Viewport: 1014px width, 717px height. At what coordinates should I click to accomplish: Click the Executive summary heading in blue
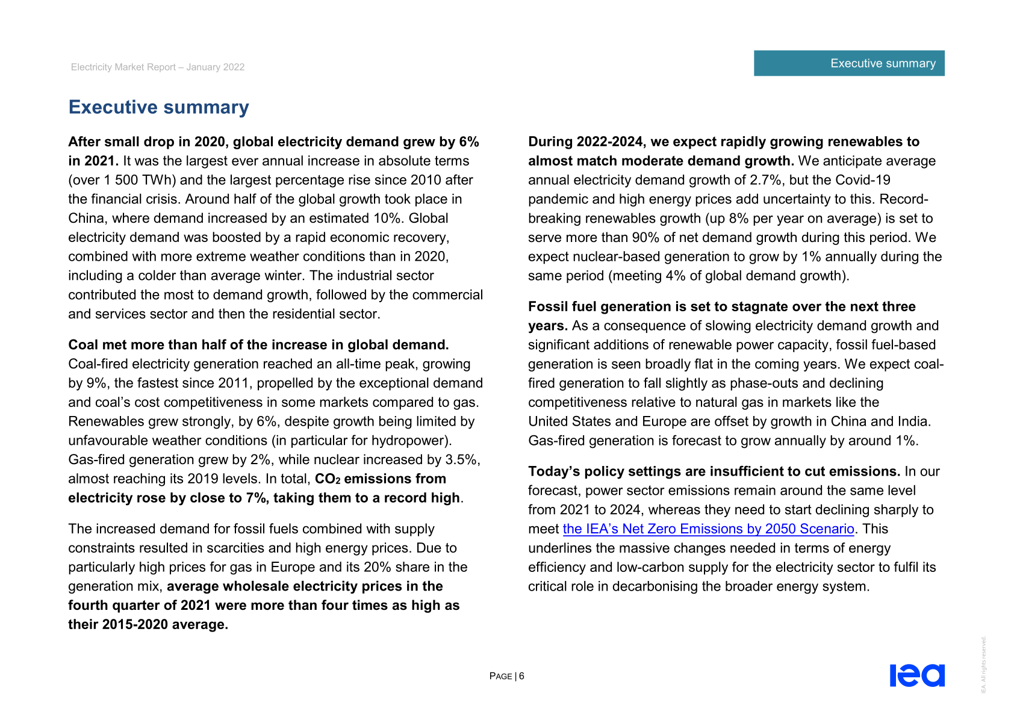(158, 107)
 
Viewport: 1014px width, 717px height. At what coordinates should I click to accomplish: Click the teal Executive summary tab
(848, 63)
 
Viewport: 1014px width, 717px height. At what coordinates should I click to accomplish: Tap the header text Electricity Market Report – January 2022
(158, 67)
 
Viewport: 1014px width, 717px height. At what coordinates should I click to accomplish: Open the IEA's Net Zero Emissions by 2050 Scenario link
(708, 529)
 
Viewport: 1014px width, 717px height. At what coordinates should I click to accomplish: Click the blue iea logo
(916, 675)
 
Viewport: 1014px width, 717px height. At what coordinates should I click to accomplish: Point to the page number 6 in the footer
(521, 676)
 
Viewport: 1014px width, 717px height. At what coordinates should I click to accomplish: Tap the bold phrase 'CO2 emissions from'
(381, 479)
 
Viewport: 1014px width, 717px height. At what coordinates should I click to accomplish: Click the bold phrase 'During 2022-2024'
(584, 141)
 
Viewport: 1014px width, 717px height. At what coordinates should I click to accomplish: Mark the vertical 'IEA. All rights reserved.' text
(983, 665)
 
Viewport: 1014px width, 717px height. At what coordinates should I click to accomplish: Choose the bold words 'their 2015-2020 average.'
(148, 624)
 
